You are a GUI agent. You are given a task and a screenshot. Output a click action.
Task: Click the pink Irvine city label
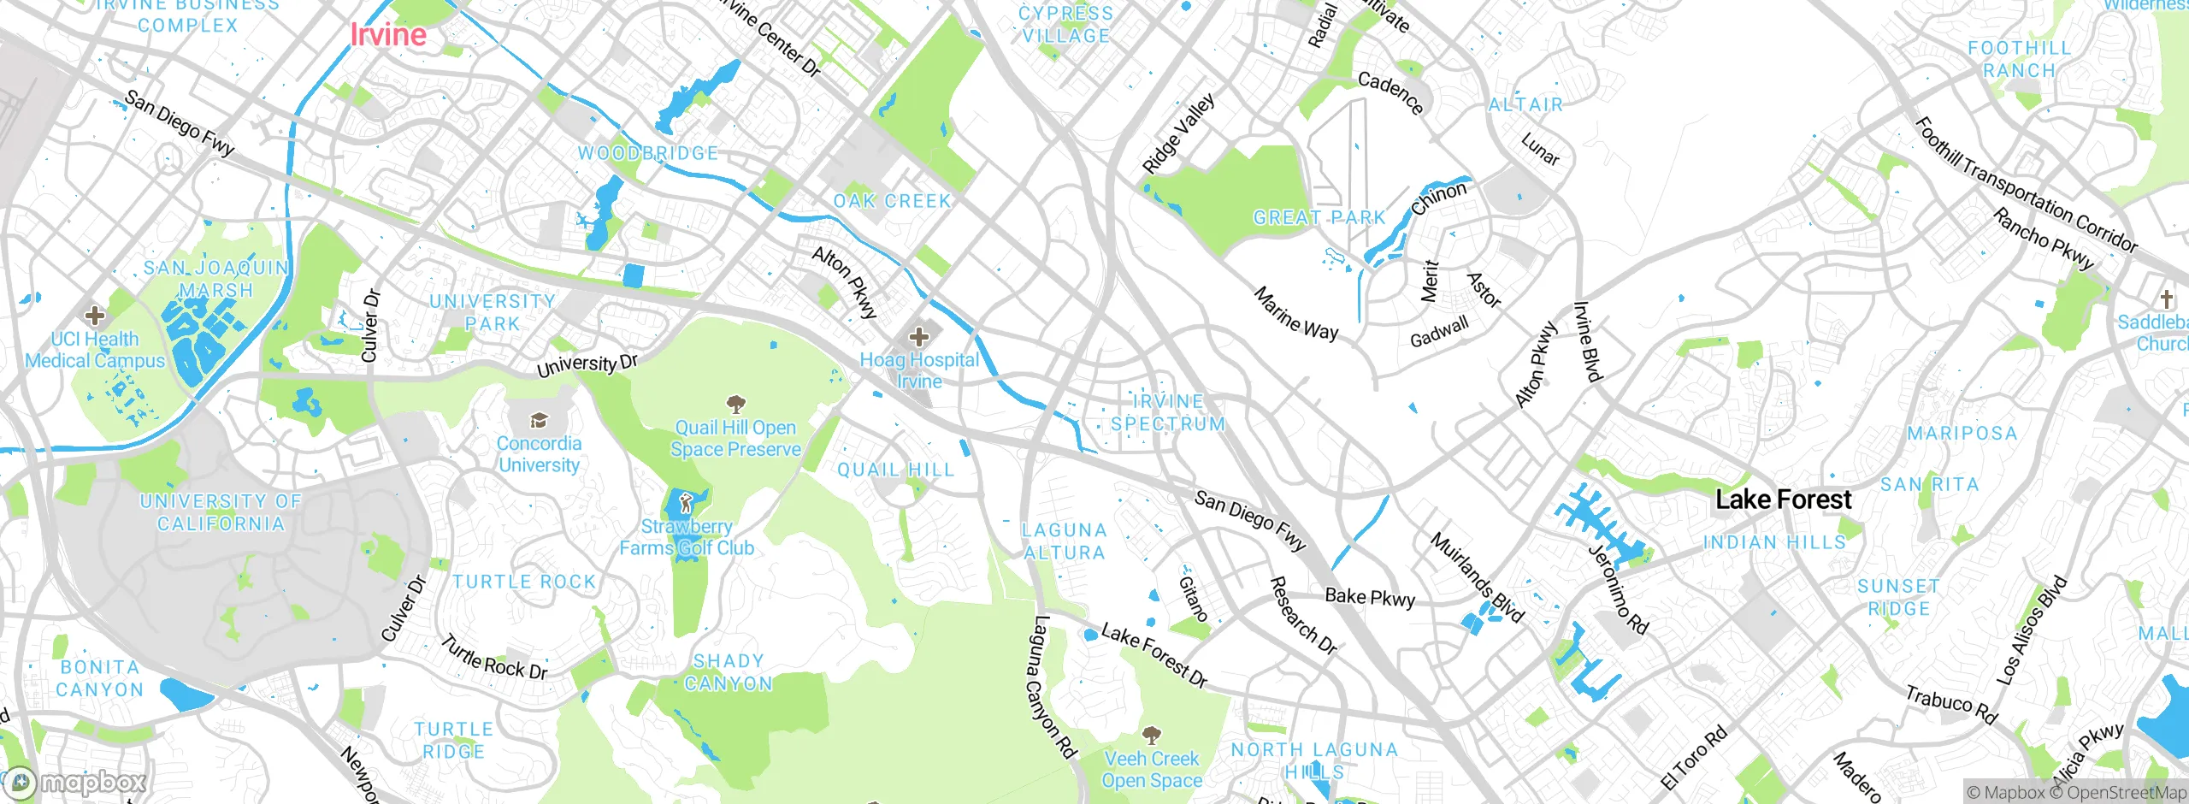pos(388,35)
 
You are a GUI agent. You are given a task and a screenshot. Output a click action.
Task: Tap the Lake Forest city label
pos(1784,500)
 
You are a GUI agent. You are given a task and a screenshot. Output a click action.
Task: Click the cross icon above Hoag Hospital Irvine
pos(919,336)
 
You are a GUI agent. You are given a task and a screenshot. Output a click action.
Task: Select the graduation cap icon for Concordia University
pos(539,420)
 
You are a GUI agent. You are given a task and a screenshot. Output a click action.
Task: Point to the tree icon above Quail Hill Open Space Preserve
pos(735,404)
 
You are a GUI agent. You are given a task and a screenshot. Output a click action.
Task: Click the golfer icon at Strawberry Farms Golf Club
pos(686,504)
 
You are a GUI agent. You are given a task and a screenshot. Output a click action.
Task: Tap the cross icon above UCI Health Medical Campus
pos(95,316)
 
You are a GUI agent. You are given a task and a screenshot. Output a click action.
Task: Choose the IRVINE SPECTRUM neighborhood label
pos(1168,413)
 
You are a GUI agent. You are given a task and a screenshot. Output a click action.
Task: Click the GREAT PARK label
pos(1319,218)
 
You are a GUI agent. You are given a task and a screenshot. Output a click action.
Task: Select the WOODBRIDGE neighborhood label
pos(648,154)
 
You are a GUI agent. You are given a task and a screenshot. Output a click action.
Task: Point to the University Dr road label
pos(587,366)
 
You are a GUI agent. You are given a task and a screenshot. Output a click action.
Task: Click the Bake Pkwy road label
pos(1370,597)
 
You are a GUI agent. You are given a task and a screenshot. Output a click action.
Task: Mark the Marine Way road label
pos(1296,314)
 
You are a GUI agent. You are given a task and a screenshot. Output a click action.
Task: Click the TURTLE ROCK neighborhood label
pos(524,582)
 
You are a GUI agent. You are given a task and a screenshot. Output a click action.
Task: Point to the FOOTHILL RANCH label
pos(2020,60)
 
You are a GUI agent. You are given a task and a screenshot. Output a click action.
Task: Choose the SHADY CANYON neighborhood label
pos(729,672)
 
